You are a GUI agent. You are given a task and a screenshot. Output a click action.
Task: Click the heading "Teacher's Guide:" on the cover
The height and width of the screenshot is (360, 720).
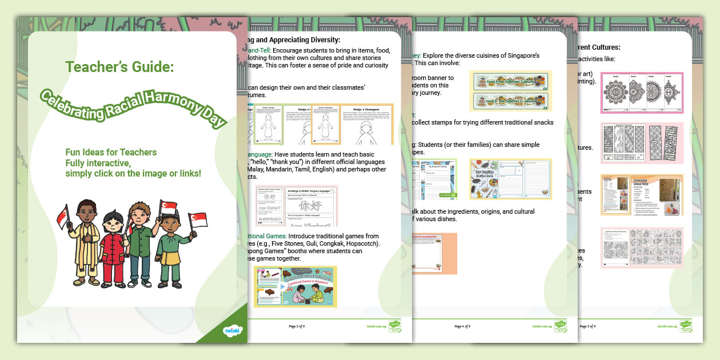(x=119, y=67)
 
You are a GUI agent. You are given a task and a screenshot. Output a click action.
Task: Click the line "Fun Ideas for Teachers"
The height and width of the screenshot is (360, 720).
(x=111, y=152)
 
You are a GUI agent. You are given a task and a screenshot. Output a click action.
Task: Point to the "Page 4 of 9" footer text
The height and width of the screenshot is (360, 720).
(x=462, y=326)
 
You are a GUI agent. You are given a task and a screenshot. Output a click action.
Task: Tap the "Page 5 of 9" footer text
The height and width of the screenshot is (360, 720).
(x=587, y=326)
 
